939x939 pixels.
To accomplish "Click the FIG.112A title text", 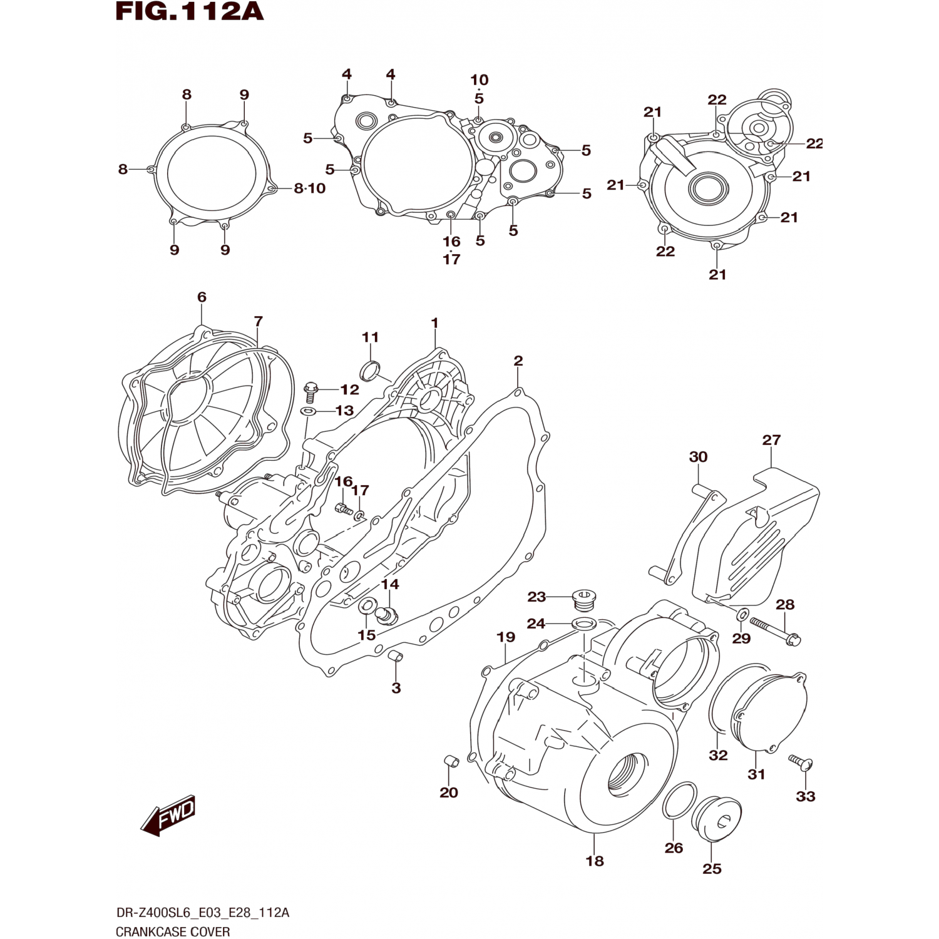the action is click(190, 12).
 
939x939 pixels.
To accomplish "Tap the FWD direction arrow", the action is click(168, 815).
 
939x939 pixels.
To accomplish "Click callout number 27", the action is click(771, 440).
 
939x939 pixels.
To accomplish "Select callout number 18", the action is click(595, 861).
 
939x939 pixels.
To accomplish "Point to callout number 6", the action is click(202, 297).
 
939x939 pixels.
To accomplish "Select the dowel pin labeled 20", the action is click(451, 761).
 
